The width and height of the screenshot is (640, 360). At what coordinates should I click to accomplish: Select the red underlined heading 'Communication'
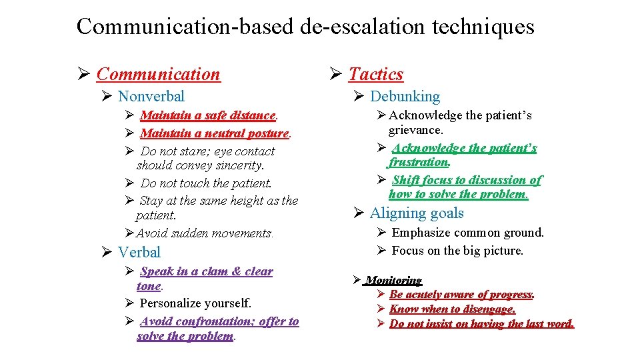click(158, 74)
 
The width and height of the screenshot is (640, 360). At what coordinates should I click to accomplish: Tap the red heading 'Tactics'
click(376, 74)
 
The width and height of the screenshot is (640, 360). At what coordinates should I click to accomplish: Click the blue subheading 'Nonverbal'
click(151, 97)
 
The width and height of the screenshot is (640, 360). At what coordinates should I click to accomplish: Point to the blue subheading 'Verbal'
click(139, 253)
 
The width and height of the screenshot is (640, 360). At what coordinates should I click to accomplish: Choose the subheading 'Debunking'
click(405, 97)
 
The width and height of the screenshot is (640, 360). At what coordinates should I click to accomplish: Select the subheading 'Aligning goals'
click(417, 213)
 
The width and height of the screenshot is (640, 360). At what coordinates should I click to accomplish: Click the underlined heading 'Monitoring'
click(393, 281)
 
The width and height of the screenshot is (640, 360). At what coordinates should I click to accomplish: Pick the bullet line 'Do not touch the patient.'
click(206, 183)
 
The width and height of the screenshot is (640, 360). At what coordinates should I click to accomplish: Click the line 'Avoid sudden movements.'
click(205, 233)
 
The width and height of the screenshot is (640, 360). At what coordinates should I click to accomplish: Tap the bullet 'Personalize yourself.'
click(195, 303)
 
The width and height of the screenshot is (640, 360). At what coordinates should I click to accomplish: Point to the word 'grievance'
click(415, 130)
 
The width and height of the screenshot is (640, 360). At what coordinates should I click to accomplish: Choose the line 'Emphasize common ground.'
click(467, 233)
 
